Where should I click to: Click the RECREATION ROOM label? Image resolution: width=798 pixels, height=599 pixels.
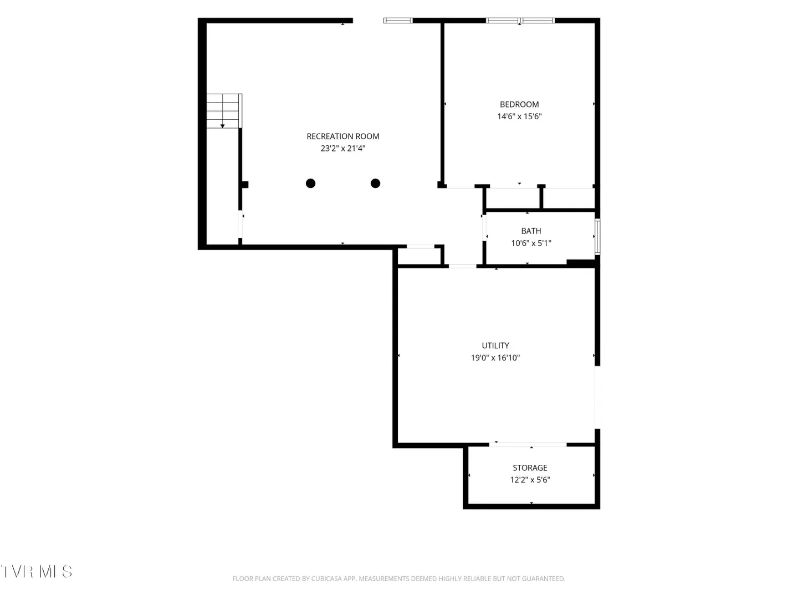point(343,136)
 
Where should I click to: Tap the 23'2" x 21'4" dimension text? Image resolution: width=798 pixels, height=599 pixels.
point(343,149)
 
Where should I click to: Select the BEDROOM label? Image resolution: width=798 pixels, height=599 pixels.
point(519,104)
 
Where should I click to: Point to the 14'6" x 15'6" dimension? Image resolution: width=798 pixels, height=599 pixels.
point(519,116)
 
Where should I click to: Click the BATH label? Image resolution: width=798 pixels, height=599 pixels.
point(531,231)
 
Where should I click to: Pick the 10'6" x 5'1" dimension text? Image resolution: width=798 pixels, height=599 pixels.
point(531,243)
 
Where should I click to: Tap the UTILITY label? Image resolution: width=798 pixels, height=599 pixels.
point(495,346)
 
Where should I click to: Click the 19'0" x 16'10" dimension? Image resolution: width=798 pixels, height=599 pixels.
point(495,358)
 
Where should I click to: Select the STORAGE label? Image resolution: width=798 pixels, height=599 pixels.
point(530,468)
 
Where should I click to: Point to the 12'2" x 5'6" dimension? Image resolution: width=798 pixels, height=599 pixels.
point(530,480)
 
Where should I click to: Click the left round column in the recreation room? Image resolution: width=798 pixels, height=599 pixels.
point(310,183)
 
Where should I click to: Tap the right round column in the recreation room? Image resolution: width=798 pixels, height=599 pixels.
point(375,183)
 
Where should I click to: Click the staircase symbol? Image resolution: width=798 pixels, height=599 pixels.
point(224,111)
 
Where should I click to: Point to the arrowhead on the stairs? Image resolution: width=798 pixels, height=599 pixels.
point(222,126)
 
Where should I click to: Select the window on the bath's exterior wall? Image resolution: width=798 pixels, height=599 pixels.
point(597,236)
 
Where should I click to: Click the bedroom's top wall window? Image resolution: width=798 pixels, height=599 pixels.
point(520,21)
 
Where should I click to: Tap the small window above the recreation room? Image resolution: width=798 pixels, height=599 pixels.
point(398,21)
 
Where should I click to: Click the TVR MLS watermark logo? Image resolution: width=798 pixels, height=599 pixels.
point(37,571)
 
